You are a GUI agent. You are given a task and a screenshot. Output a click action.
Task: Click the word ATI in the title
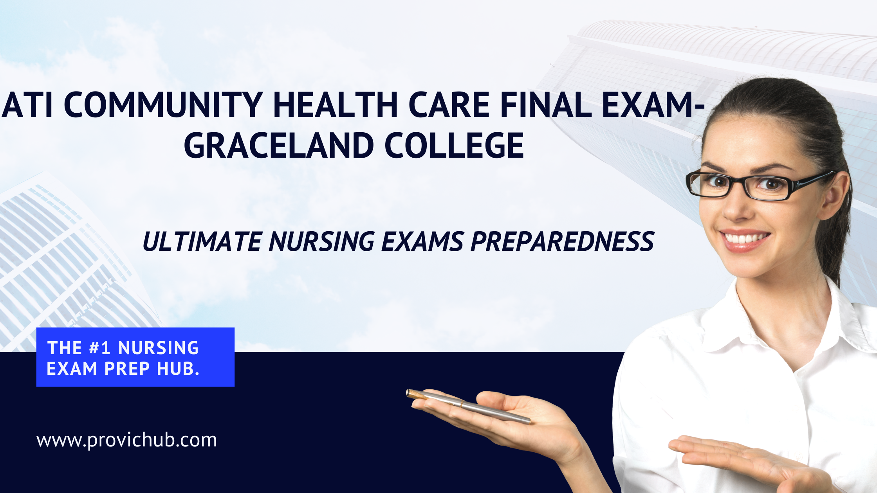27,104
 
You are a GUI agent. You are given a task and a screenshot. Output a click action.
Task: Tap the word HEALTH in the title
336,104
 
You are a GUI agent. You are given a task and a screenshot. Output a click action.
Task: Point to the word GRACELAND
279,145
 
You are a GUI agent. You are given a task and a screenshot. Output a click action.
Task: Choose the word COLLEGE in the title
454,145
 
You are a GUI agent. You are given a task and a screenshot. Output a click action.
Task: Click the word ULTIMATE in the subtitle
202,241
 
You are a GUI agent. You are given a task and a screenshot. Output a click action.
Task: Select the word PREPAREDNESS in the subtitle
562,241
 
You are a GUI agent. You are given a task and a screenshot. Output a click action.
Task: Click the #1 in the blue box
100,347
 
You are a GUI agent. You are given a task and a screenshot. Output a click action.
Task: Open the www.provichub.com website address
126,440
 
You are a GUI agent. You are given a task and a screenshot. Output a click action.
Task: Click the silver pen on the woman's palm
468,406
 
